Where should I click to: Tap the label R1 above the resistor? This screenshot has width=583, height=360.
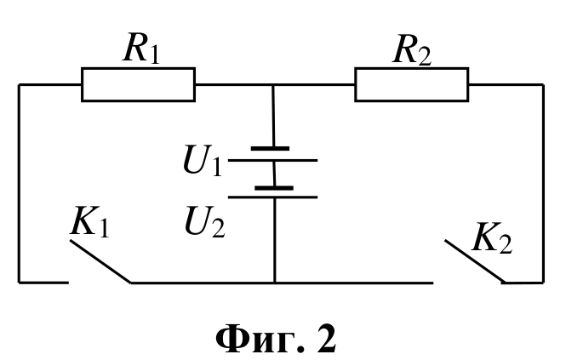(141, 49)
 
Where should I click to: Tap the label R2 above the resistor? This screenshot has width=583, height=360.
(412, 50)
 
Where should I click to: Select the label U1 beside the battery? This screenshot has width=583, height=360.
(203, 160)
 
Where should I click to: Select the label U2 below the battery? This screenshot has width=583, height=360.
(204, 221)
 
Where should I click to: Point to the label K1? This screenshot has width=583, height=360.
(89, 221)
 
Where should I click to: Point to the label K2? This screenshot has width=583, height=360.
(492, 238)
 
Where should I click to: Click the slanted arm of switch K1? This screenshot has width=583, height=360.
(100, 261)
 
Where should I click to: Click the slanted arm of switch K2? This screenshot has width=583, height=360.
(475, 261)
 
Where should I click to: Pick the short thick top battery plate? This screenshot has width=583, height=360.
(271, 149)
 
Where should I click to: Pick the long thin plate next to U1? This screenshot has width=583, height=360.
(272, 160)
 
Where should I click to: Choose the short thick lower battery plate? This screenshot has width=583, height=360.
(274, 188)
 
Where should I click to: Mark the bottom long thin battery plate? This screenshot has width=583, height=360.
(272, 197)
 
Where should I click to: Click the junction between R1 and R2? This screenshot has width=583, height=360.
(273, 85)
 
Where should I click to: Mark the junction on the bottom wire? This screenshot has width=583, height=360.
(275, 283)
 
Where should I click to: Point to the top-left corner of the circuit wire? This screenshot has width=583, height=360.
(19, 85)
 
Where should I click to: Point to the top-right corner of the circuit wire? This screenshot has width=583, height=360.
(543, 85)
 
